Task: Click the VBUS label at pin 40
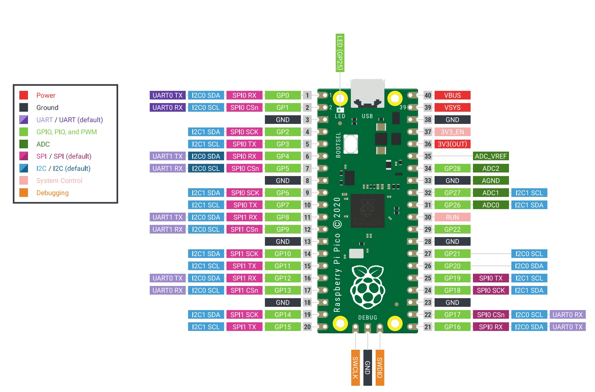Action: pyautogui.click(x=452, y=95)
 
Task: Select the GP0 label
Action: pyautogui.click(x=282, y=95)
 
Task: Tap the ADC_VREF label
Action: pyautogui.click(x=491, y=156)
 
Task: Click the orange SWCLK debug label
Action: pyautogui.click(x=355, y=368)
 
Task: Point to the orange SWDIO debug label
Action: pyautogui.click(x=380, y=368)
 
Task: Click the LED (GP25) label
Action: pyautogui.click(x=340, y=53)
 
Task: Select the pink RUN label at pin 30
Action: pyautogui.click(x=452, y=217)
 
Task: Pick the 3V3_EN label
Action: pyautogui.click(x=452, y=132)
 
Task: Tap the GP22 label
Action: pyautogui.click(x=452, y=229)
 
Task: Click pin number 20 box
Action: pyautogui.click(x=307, y=327)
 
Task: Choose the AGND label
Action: pyautogui.click(x=491, y=181)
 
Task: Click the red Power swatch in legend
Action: pyautogui.click(x=24, y=95)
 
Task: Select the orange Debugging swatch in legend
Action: pyautogui.click(x=24, y=193)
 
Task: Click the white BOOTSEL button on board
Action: pyautogui.click(x=351, y=144)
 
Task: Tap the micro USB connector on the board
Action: pyautogui.click(x=367, y=93)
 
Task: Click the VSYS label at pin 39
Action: pyautogui.click(x=452, y=108)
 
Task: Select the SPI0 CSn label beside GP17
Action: pyautogui.click(x=491, y=315)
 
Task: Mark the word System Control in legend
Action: pyautogui.click(x=59, y=181)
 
